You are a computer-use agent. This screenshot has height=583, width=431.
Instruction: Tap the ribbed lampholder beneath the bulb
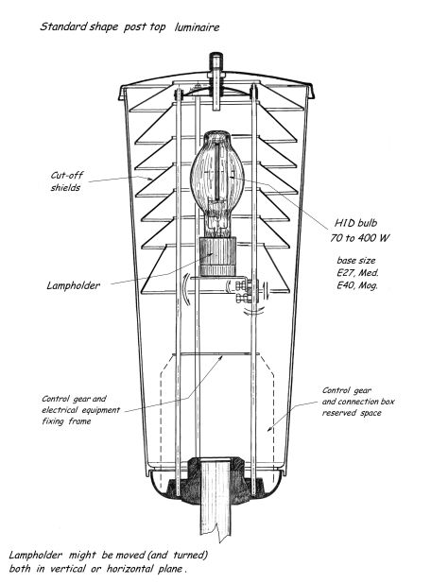pyautogui.click(x=217, y=257)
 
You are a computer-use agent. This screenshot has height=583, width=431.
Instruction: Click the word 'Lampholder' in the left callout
pyautogui.click(x=74, y=285)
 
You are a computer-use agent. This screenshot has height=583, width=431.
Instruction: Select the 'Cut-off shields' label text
pyautogui.click(x=66, y=181)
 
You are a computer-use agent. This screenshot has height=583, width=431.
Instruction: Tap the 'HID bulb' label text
pyautogui.click(x=355, y=223)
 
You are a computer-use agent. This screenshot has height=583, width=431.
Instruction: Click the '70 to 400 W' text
pyautogui.click(x=359, y=237)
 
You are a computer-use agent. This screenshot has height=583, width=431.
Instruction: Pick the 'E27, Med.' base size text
pyautogui.click(x=357, y=272)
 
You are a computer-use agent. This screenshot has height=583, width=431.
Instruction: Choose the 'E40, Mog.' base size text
pyautogui.click(x=357, y=285)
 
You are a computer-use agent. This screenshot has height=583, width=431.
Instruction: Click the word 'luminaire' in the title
pyautogui.click(x=197, y=27)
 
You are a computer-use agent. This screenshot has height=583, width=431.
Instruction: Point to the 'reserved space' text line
pyautogui.click(x=352, y=413)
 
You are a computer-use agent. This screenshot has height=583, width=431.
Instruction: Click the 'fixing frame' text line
pyautogui.click(x=66, y=421)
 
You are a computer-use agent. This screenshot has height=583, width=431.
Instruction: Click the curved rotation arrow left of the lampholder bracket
pyautogui.click(x=188, y=290)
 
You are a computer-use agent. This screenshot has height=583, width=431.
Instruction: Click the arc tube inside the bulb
pyautogui.click(x=217, y=171)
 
